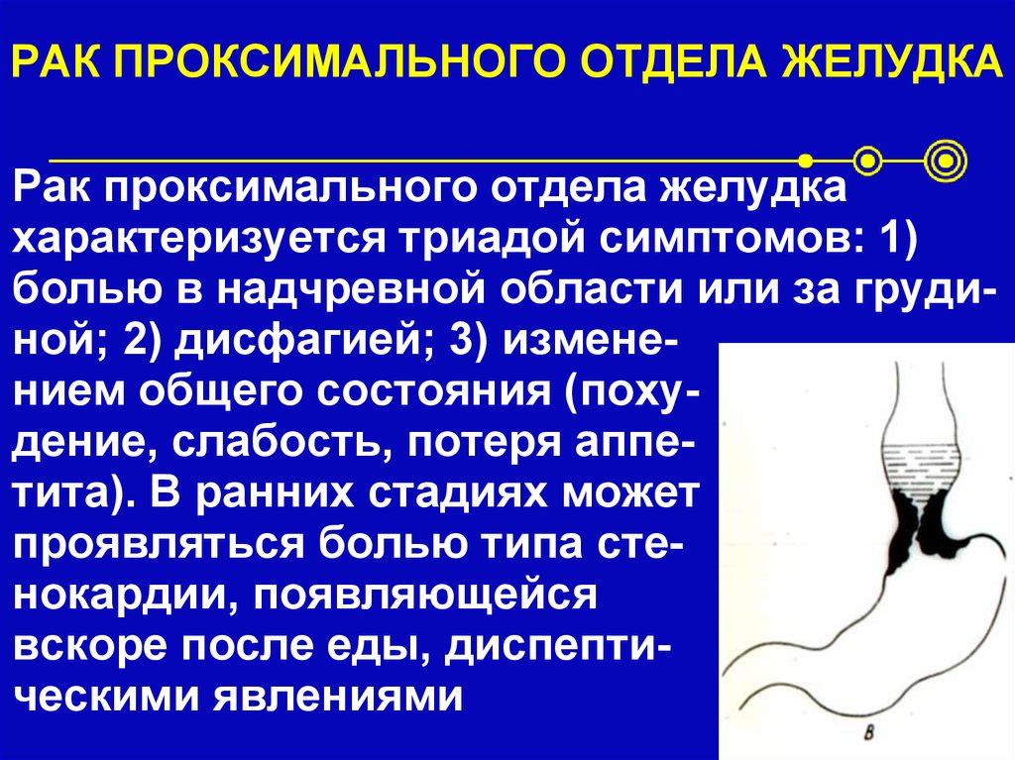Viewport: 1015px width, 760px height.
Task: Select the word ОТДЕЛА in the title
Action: tap(678, 60)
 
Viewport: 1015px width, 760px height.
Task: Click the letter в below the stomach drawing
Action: tap(870, 734)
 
